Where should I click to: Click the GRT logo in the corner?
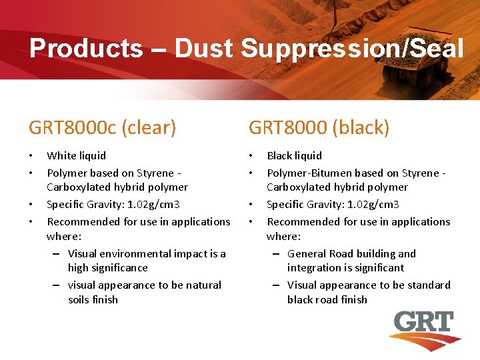click(422, 331)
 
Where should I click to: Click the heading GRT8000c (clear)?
click(102, 127)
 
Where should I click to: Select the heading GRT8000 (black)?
click(319, 127)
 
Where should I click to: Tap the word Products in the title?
click(85, 48)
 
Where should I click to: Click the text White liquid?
click(76, 155)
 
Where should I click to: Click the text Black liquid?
click(294, 155)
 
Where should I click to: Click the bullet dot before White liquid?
click(31, 156)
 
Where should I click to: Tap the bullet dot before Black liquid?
click(251, 156)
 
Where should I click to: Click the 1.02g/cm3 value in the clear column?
click(151, 204)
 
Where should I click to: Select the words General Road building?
click(351, 253)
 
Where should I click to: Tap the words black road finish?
click(327, 299)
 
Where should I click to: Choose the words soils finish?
click(93, 299)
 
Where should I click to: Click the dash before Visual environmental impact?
click(57, 254)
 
